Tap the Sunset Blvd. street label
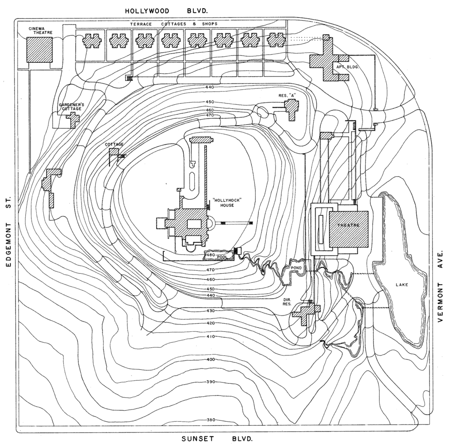point(217,439)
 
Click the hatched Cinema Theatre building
point(39,49)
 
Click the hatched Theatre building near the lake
point(348,229)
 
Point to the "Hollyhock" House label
point(227,203)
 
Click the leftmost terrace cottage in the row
point(92,41)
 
